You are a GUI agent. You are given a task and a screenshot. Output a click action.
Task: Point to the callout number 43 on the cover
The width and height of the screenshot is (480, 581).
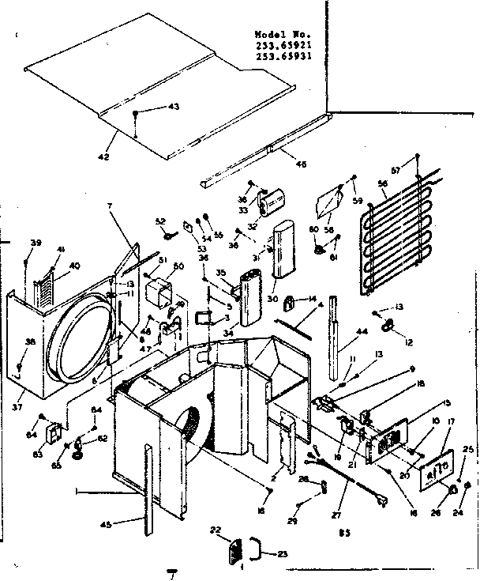(x=173, y=107)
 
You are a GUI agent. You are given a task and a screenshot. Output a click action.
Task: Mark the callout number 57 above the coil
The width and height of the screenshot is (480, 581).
(x=397, y=171)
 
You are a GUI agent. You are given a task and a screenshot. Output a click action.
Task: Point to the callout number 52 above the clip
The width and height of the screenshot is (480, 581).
(x=160, y=221)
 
